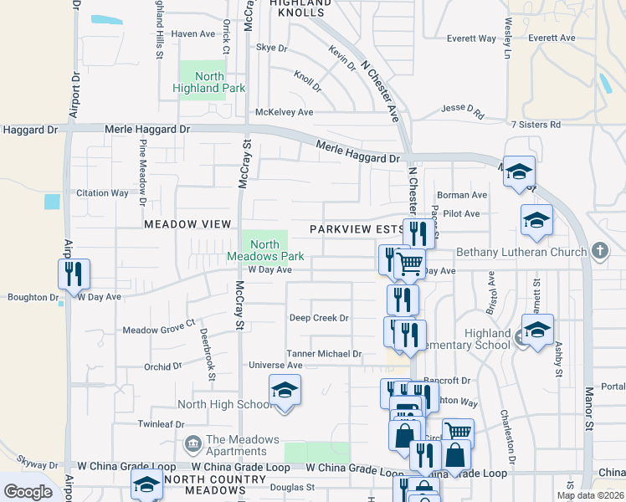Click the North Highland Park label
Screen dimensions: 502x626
point(198,82)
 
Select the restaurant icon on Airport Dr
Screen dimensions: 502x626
point(74,273)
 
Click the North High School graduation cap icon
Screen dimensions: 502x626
point(285,391)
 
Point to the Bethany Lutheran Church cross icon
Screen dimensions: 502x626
point(598,252)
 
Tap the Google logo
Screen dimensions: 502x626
point(28,492)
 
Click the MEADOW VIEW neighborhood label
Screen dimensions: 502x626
point(187,224)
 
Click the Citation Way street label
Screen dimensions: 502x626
point(102,193)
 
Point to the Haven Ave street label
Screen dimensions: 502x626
point(193,34)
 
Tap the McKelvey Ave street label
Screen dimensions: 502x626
point(284,112)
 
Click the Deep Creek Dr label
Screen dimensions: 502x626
point(318,318)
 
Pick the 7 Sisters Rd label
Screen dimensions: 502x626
point(535,125)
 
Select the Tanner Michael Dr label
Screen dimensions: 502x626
point(324,354)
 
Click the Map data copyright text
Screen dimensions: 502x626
point(589,495)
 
